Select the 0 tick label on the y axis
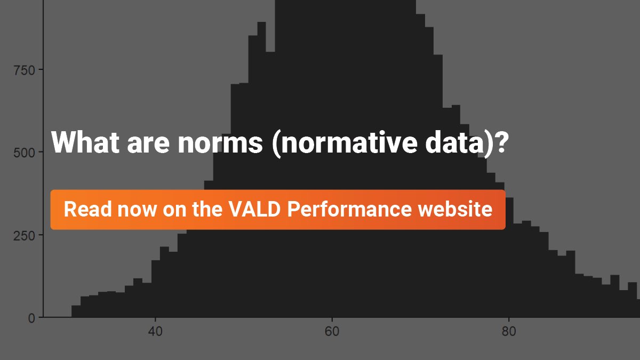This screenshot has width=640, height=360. tap(32, 318)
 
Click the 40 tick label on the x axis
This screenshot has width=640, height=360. tap(155, 331)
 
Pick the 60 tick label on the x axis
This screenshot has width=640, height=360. tap(332, 331)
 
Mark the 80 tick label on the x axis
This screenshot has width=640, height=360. tap(508, 331)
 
